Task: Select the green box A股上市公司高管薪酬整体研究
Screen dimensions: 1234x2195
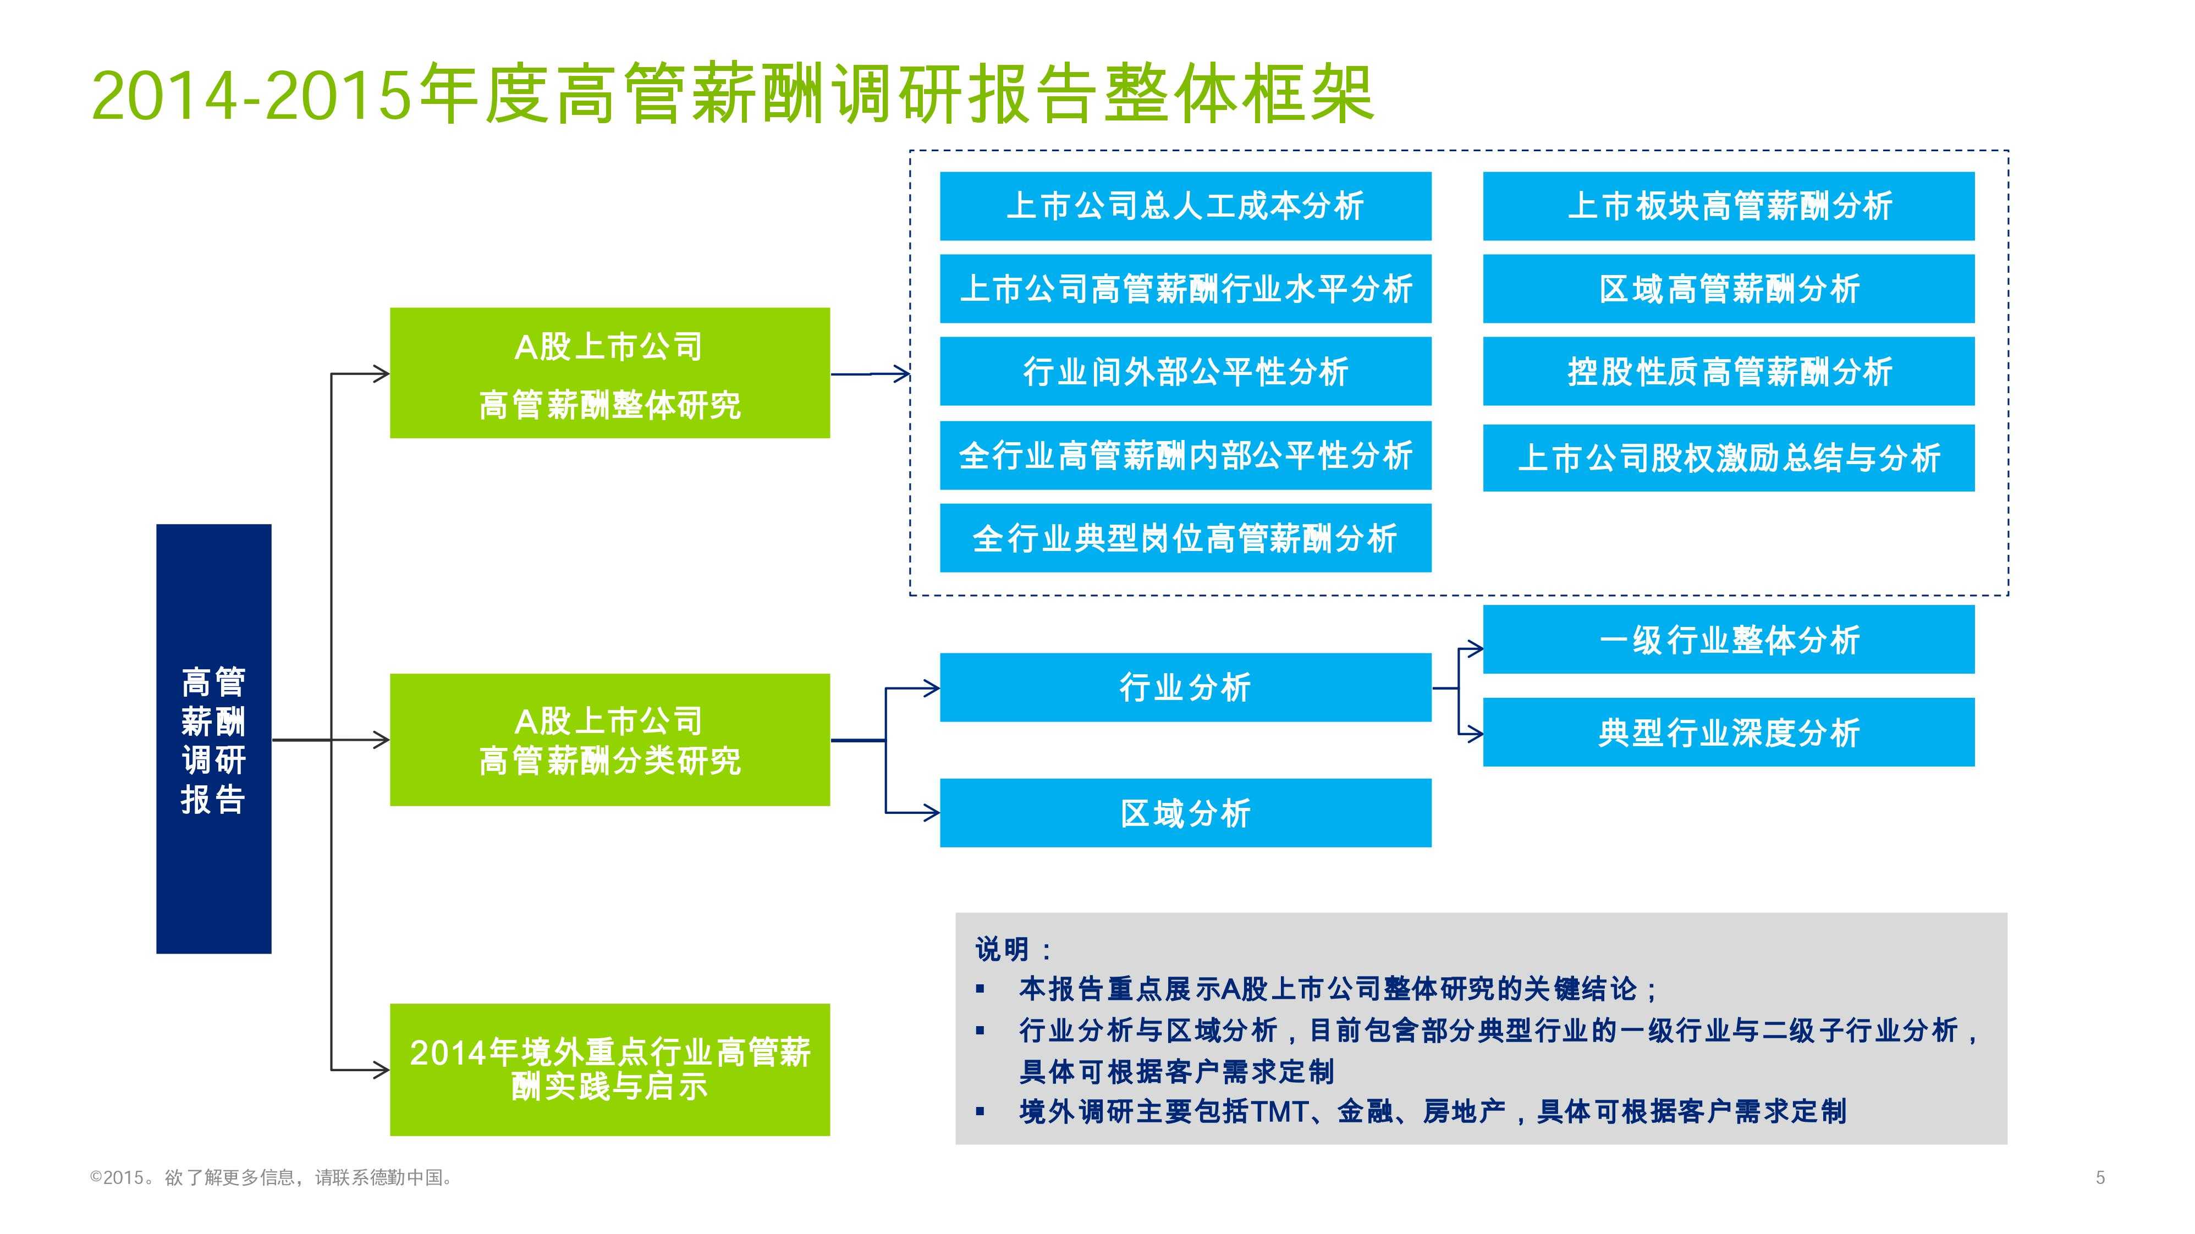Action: pyautogui.click(x=609, y=373)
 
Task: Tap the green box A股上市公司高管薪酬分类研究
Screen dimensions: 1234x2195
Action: pyautogui.click(x=609, y=740)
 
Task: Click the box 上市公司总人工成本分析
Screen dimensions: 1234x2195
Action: pyautogui.click(x=1185, y=206)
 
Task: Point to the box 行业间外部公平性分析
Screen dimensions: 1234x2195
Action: pyautogui.click(x=1185, y=372)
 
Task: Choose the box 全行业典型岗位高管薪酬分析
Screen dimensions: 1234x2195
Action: pyautogui.click(x=1185, y=538)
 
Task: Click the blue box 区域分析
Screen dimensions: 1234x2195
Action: pyautogui.click(x=1185, y=813)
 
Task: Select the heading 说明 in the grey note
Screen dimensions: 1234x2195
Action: pyautogui.click(x=1003, y=949)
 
